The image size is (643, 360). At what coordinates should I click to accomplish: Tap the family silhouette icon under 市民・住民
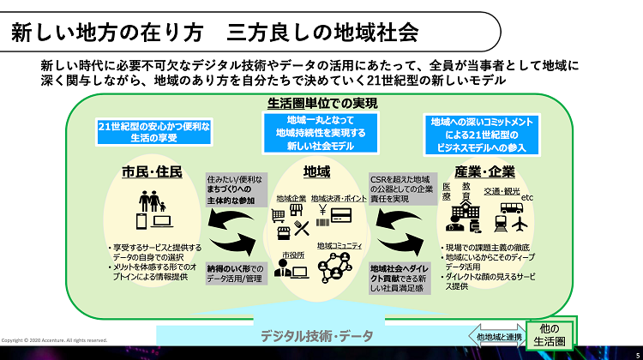153,205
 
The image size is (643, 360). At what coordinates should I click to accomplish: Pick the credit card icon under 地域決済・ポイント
341,214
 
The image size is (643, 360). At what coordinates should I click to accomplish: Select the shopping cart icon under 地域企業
280,230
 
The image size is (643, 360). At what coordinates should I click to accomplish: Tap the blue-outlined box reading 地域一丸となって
321,134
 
